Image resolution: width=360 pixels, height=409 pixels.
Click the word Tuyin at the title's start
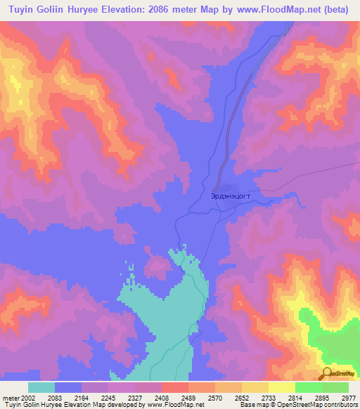21,10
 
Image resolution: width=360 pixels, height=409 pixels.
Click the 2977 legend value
348,398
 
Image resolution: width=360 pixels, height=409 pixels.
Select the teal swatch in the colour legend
41,387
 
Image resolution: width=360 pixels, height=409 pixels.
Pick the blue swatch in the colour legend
68,387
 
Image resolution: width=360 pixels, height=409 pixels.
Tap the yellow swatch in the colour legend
281,387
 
